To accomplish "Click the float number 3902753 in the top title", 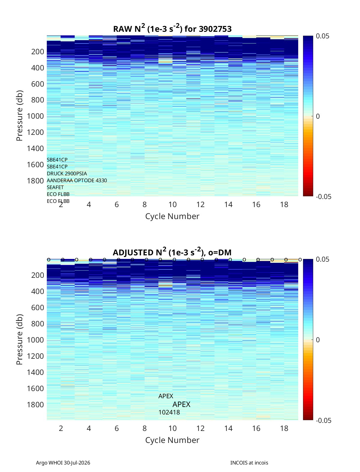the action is tap(215, 29).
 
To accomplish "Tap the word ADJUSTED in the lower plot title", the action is tap(133, 252).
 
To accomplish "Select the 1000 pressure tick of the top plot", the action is tap(35, 116).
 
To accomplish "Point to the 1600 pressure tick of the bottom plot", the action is tap(35, 388).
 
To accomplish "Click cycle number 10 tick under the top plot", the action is tap(172, 204).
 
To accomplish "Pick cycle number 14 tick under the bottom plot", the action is tap(228, 428).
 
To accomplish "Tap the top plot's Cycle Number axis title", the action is tap(172, 216).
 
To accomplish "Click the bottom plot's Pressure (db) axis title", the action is tap(19, 339).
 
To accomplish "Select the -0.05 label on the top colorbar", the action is tap(324, 197).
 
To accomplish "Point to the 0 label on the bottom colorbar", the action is tap(318, 340).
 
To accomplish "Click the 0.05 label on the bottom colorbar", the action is tap(322, 259).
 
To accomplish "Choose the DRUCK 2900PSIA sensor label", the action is tap(67, 174).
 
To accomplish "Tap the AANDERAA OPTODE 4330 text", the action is tap(77, 180).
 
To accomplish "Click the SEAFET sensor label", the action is tap(55, 187).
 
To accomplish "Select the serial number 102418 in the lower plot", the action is tap(169, 412).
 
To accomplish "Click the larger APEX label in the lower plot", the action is tap(181, 405).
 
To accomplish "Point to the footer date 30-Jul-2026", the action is tap(77, 463).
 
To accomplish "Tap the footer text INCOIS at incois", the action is tap(249, 463).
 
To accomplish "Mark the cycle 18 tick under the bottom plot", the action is tap(284, 428).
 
